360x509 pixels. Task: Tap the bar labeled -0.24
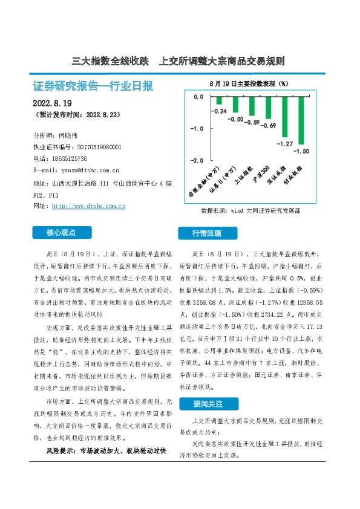point(220,100)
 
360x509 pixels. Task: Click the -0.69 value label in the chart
point(268,125)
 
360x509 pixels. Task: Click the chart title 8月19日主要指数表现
point(248,83)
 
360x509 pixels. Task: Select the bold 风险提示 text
point(61,451)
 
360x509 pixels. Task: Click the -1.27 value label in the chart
point(284,144)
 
